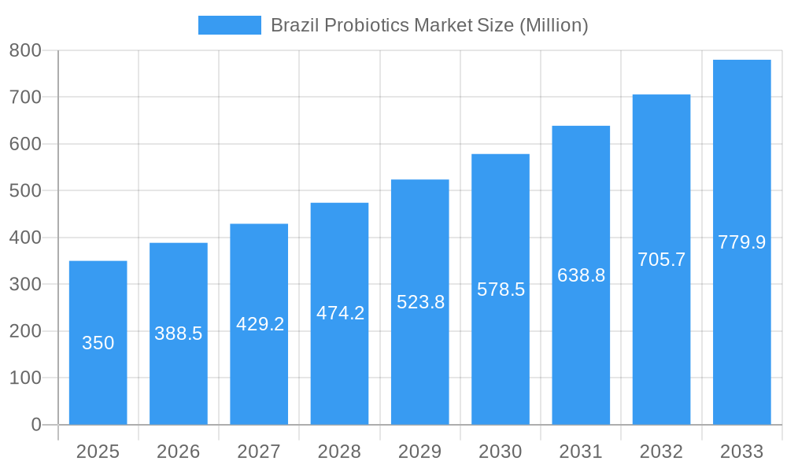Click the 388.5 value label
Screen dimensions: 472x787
(179, 334)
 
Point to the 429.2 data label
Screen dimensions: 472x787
(260, 323)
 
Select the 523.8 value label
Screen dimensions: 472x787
(420, 302)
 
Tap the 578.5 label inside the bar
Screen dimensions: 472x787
(501, 289)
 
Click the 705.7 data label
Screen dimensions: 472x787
(661, 260)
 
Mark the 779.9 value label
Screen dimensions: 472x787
(741, 242)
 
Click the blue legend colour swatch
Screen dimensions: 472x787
(229, 25)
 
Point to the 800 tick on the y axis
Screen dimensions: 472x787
(25, 50)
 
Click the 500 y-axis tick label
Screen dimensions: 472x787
(25, 190)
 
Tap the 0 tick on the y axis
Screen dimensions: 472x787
(35, 425)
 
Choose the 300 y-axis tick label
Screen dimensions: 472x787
(25, 284)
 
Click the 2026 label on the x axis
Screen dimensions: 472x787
(179, 452)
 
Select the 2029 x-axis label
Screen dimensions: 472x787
(420, 452)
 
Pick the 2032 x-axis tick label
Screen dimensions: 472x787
(661, 452)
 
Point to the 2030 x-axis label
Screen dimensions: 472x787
(501, 452)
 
